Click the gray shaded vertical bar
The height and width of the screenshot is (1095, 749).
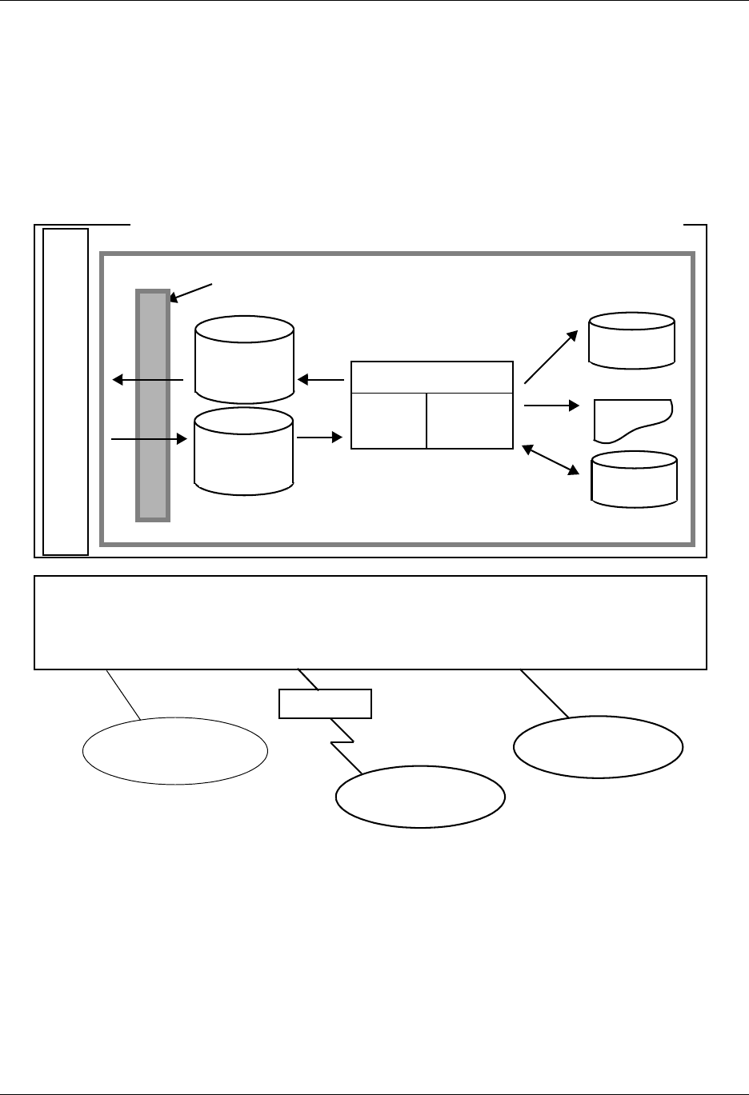coord(153,405)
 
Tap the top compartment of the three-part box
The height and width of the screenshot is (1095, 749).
coord(431,377)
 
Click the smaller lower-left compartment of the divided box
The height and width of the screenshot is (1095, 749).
coord(388,420)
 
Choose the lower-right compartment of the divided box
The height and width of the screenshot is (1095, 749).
coord(470,420)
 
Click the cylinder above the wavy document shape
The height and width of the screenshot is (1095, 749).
coord(631,341)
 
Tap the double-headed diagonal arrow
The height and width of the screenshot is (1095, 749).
coord(551,461)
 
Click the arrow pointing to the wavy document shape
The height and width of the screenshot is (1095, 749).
coord(551,406)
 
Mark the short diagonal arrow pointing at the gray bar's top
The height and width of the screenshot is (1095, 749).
coord(193,292)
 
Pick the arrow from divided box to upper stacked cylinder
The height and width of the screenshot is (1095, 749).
coord(321,380)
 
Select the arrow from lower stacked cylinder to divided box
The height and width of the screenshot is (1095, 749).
coord(319,438)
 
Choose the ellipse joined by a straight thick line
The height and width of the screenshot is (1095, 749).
coord(598,747)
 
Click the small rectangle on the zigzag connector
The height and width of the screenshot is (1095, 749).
coord(325,703)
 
